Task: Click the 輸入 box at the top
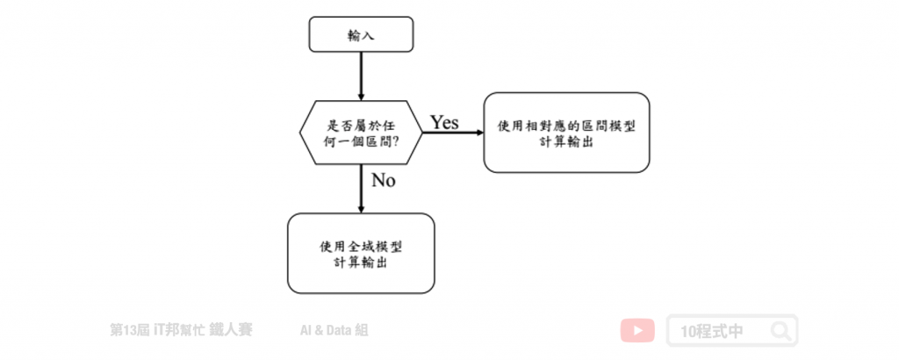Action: [x=361, y=34]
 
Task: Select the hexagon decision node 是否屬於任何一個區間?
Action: [x=361, y=133]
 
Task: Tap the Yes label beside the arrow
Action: [x=445, y=122]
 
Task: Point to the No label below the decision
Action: [x=384, y=181]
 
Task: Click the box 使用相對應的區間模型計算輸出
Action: [x=566, y=133]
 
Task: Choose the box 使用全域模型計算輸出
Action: [x=361, y=254]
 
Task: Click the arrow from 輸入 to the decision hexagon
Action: [x=361, y=76]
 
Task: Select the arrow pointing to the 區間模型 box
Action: [x=453, y=133]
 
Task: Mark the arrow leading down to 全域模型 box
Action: [x=361, y=189]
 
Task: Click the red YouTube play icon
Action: [x=637, y=331]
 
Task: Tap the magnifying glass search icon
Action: [x=780, y=331]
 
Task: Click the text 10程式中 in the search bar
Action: [x=711, y=331]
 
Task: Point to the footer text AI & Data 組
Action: [x=334, y=330]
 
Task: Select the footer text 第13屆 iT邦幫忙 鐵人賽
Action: [x=181, y=330]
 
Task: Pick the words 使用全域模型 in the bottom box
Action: [x=361, y=247]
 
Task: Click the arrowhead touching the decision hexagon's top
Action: [x=361, y=96]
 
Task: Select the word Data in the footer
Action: [x=336, y=330]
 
